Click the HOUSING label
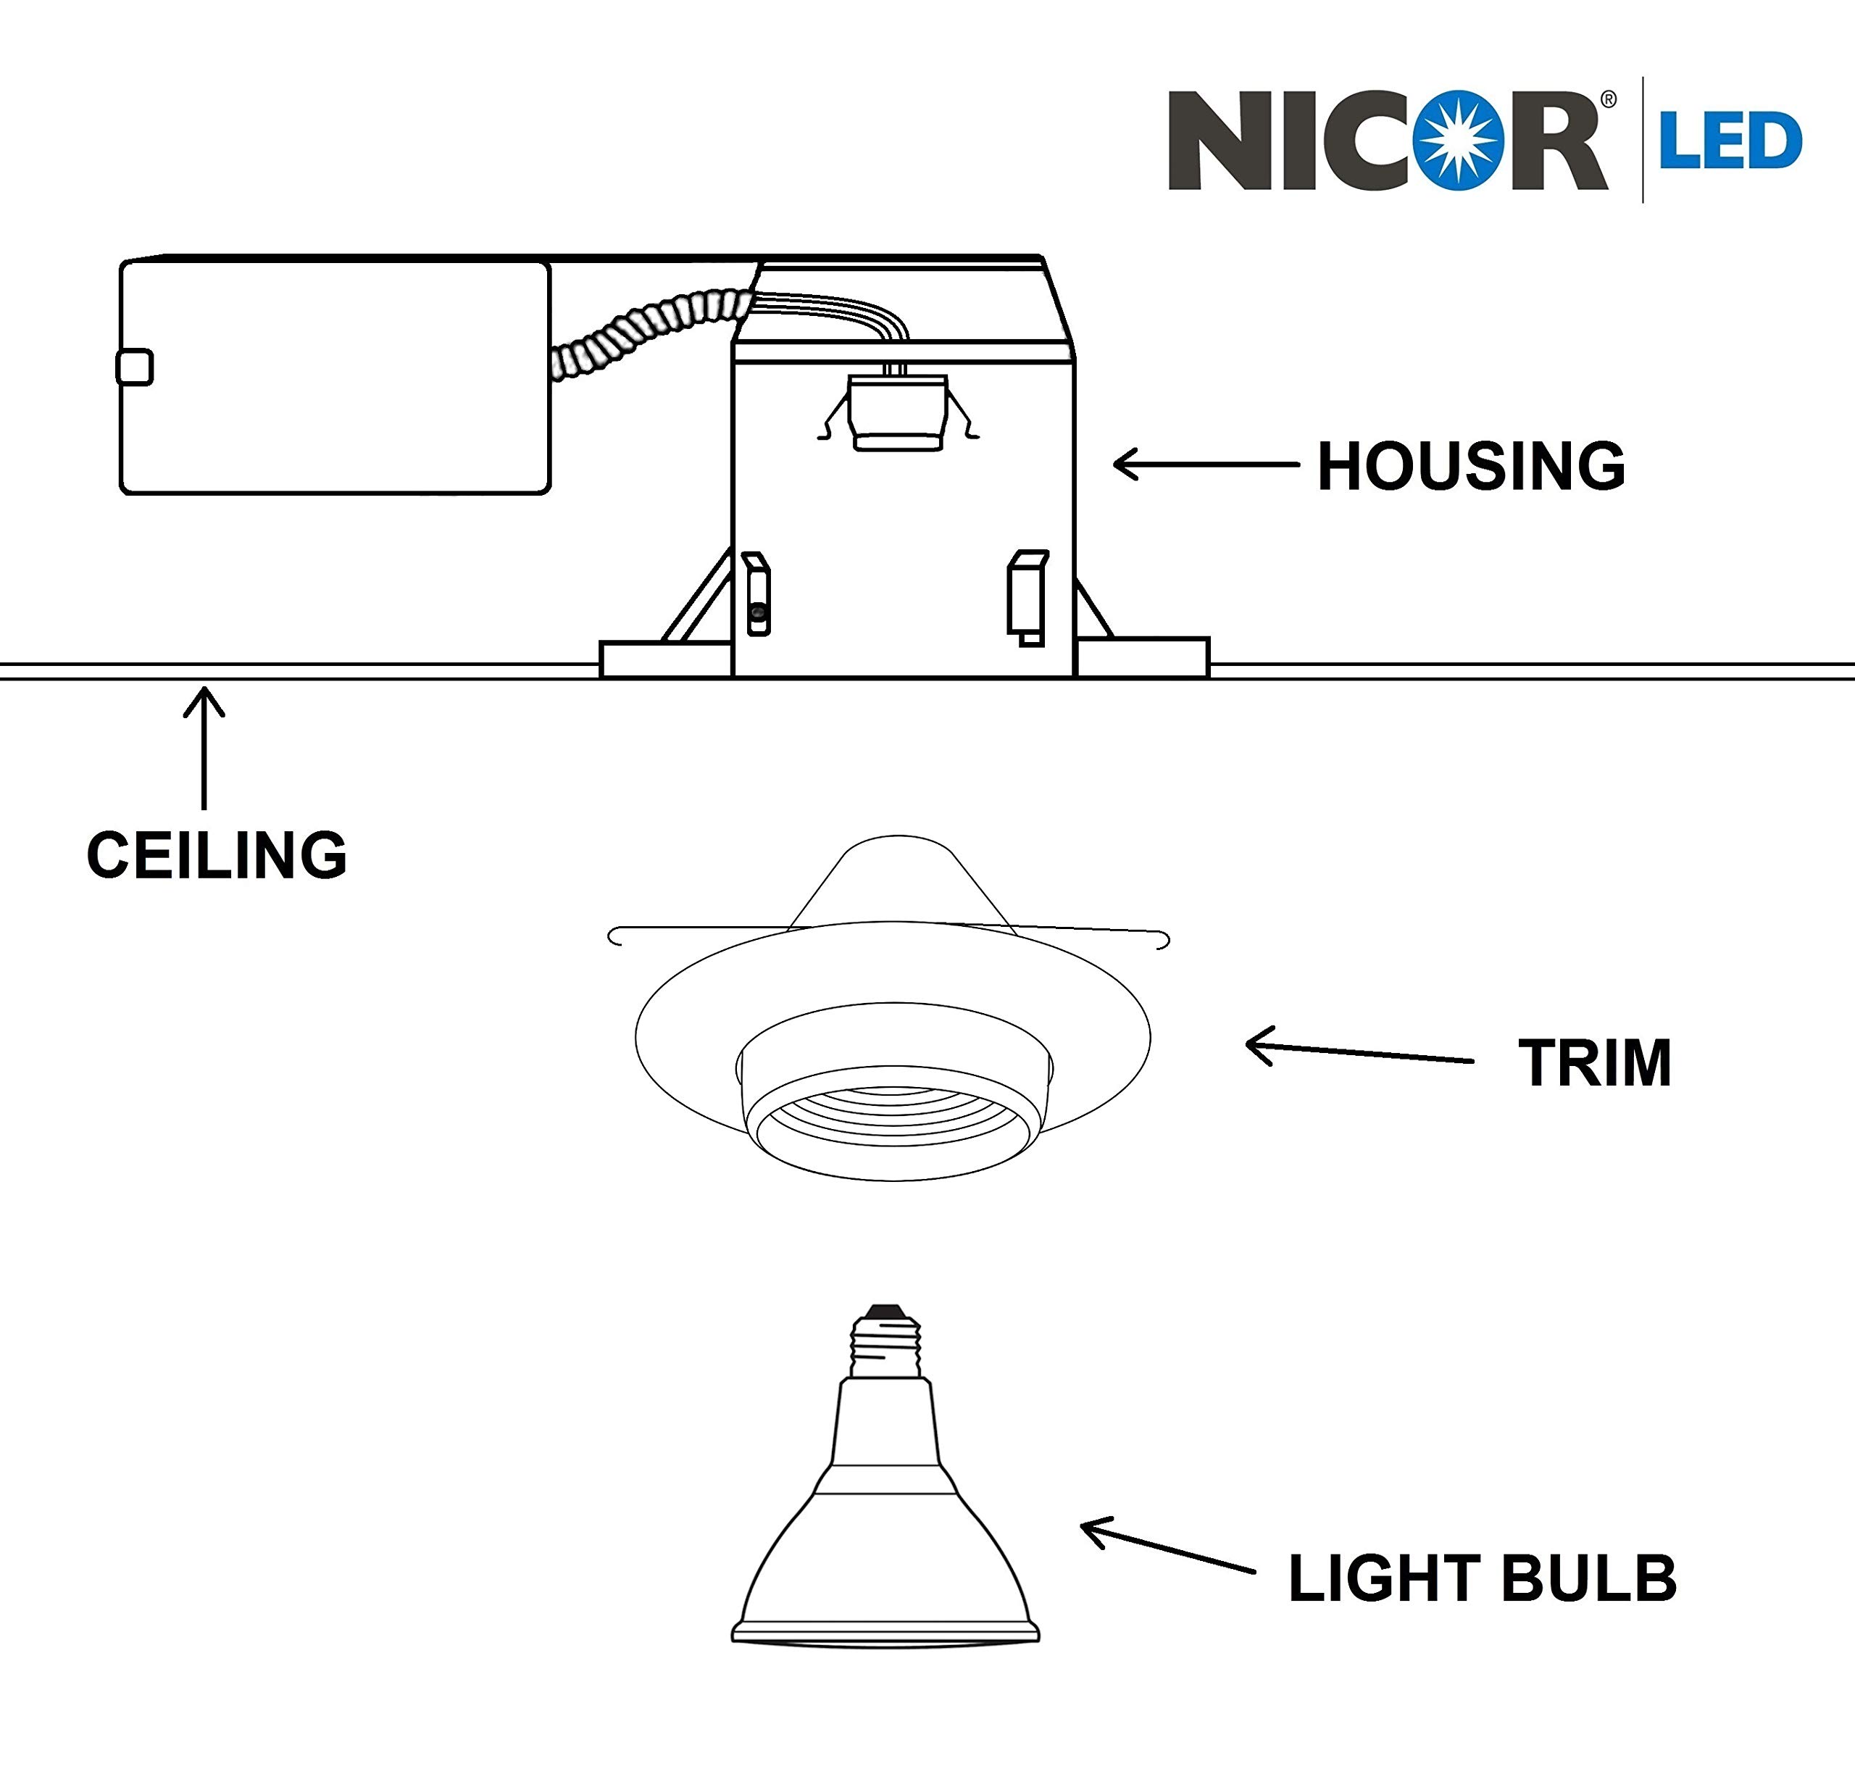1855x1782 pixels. click(x=1471, y=467)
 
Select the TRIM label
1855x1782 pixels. click(x=1595, y=1063)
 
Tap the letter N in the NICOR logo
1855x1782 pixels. click(x=1218, y=140)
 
